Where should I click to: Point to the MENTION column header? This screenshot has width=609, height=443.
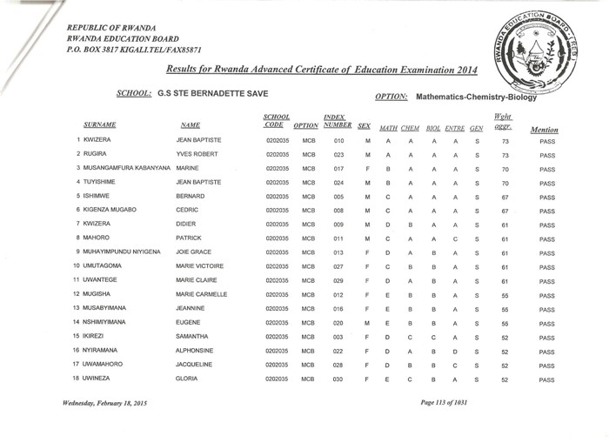543,130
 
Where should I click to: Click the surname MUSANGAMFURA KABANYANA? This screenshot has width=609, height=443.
126,167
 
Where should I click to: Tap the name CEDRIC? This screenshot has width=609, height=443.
188,210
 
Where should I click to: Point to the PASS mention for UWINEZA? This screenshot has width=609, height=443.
546,380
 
